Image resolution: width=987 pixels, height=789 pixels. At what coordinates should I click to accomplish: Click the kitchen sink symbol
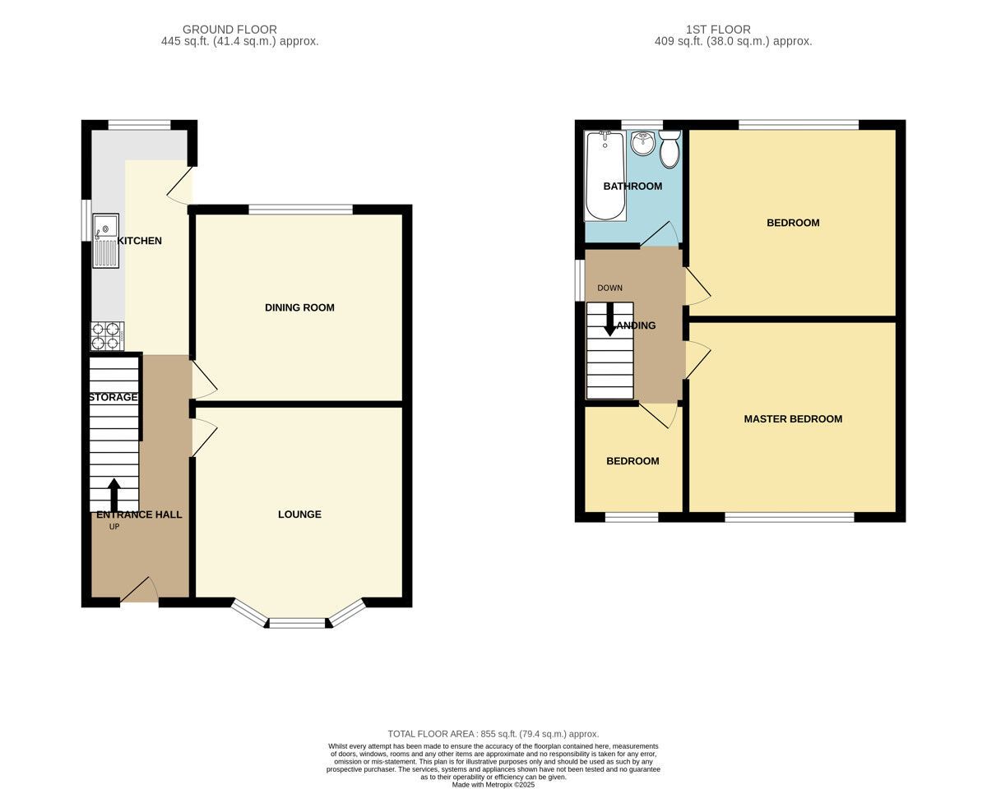(106, 240)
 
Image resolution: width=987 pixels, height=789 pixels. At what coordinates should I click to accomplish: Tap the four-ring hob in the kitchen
(107, 336)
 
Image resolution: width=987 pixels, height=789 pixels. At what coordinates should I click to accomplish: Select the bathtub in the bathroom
(605, 176)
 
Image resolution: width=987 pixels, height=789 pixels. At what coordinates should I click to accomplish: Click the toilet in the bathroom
(670, 149)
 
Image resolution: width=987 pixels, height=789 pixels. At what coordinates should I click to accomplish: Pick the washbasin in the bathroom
(642, 144)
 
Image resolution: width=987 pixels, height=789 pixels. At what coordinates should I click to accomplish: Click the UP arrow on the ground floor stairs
(114, 494)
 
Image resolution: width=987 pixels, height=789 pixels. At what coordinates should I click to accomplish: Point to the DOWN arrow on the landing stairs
(609, 319)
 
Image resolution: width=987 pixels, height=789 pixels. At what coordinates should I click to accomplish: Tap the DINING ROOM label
(299, 307)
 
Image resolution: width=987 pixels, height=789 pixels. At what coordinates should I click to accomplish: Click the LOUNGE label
(299, 514)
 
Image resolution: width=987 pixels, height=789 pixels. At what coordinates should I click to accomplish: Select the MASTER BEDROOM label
(793, 418)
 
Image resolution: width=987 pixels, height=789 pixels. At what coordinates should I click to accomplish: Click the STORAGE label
(114, 397)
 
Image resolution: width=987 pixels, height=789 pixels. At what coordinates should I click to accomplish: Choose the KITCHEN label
(140, 241)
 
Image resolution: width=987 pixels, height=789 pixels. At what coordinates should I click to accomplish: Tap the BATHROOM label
(633, 186)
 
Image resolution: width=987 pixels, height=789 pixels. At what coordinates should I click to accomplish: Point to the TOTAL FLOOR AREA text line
(493, 734)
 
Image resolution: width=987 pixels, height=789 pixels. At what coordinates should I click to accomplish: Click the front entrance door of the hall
(140, 592)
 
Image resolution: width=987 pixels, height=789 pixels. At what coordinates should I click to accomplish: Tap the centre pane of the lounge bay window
(298, 624)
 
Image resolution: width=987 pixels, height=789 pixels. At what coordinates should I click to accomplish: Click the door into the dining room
(204, 381)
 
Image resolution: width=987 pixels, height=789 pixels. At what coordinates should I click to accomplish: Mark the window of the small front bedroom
(632, 517)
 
